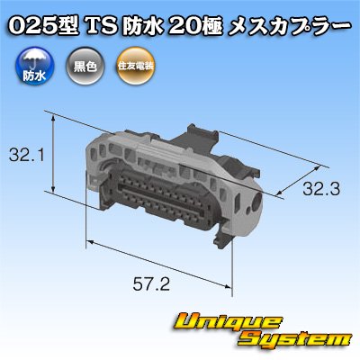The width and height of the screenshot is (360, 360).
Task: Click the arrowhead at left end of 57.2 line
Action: tap(89, 244)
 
